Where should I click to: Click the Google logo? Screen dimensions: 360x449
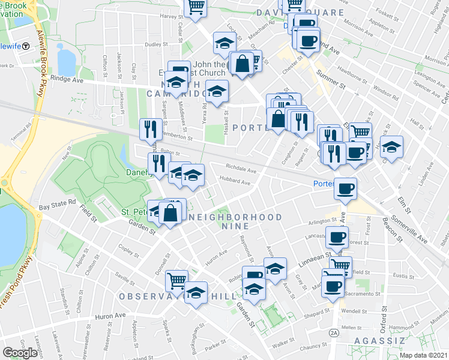coord(20,353)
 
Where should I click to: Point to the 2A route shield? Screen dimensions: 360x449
coord(334,332)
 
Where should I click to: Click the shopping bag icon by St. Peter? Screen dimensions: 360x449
coord(171,213)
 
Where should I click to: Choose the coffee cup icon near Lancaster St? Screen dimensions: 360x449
coord(337,236)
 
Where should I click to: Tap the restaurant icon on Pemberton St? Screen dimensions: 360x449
coord(149,128)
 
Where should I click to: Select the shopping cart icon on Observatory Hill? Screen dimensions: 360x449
coord(176,280)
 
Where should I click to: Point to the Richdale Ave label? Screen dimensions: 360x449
coord(241,169)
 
